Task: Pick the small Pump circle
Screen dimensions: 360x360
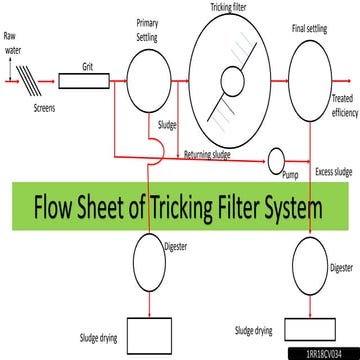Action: (x=276, y=159)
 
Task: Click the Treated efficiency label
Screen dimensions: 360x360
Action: (x=340, y=106)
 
